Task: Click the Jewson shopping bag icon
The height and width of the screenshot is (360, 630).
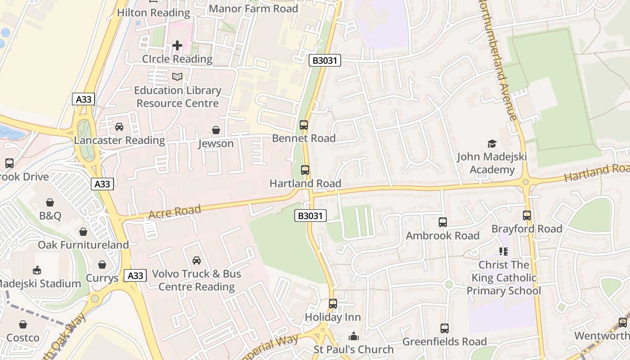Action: click(216, 130)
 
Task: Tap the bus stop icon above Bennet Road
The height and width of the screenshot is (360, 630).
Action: click(304, 125)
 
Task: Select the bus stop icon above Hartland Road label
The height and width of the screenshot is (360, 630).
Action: click(305, 170)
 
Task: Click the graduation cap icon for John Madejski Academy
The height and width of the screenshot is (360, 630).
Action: click(492, 144)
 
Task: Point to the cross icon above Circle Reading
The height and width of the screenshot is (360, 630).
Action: click(177, 45)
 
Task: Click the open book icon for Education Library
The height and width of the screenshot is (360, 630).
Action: click(177, 77)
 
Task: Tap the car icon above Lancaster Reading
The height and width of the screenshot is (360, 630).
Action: click(119, 127)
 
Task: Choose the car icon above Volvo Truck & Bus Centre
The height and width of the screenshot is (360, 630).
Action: click(197, 260)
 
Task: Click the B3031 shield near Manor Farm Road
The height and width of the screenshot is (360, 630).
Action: click(324, 60)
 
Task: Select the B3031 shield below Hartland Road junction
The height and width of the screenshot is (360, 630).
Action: click(310, 216)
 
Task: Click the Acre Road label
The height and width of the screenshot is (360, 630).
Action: click(175, 211)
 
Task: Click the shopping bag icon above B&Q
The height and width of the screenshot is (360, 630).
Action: click(50, 202)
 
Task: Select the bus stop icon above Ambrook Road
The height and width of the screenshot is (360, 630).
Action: click(443, 222)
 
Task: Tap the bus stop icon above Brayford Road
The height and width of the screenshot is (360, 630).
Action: click(527, 216)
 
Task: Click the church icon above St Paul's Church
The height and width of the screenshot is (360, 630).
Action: click(354, 336)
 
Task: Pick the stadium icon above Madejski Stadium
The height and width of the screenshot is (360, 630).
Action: click(37, 270)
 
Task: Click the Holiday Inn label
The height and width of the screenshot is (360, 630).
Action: click(333, 317)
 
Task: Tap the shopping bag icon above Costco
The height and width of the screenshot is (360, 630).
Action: click(23, 324)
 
